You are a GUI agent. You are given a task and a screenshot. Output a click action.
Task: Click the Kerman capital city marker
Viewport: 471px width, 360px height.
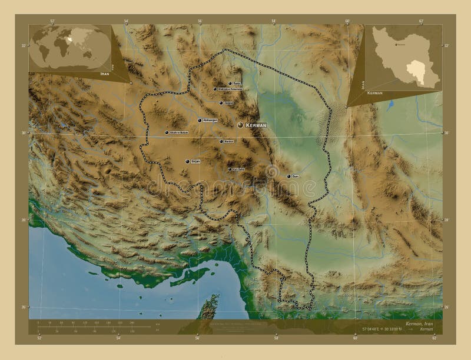click(x=240, y=125)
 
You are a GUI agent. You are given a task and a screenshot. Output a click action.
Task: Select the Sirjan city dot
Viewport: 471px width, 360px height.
click(x=187, y=161)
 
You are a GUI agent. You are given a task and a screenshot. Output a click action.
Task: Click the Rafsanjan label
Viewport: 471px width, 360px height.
click(x=210, y=121)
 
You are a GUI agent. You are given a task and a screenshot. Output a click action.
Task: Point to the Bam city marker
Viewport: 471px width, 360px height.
click(x=288, y=176)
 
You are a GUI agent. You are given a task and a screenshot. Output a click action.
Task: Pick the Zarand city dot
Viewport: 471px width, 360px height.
click(x=221, y=103)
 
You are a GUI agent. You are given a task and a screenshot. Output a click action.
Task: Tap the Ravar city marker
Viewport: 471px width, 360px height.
click(x=230, y=84)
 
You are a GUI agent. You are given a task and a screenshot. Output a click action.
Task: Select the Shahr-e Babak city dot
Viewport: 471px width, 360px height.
click(x=167, y=132)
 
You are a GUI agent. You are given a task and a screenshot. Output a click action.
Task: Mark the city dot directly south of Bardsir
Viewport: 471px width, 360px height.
click(x=229, y=169)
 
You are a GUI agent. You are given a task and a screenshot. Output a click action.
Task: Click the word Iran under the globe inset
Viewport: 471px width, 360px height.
click(x=105, y=75)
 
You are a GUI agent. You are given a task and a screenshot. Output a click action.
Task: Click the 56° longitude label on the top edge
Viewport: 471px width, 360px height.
click(x=200, y=21)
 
